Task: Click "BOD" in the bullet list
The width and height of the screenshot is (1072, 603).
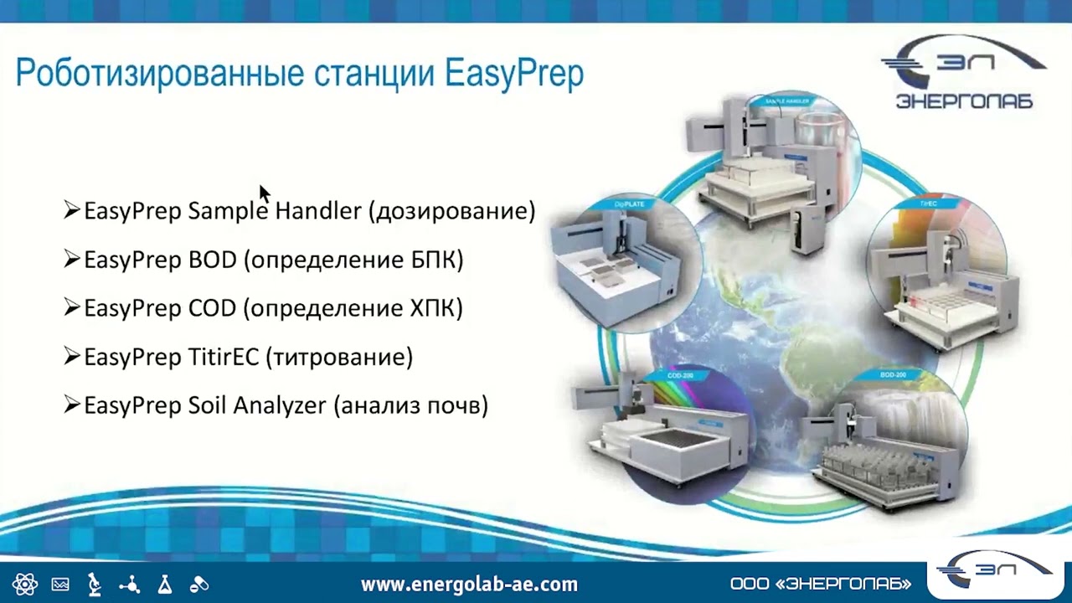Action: pos(212,260)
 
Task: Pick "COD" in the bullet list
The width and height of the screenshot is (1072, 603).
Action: pos(212,308)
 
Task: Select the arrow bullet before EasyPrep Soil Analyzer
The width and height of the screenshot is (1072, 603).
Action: pos(72,405)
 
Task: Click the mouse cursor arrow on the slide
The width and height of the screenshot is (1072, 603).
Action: pos(264,193)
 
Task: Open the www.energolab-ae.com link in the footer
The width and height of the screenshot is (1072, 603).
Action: pos(469,584)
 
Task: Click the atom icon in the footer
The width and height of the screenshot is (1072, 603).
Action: pos(25,584)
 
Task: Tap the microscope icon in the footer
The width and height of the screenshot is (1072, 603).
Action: pos(95,584)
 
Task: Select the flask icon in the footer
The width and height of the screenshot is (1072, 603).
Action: pos(164,584)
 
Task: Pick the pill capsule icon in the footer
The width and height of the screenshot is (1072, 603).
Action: pos(199,584)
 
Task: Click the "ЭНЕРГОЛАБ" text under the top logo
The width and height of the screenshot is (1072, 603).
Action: pos(964,101)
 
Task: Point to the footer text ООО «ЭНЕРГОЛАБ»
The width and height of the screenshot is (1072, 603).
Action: pos(820,584)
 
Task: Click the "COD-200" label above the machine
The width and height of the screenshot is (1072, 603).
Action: pos(679,376)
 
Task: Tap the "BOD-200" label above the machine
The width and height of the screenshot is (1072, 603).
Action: pos(893,374)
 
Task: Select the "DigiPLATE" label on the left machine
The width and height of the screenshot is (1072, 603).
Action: pos(629,204)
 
